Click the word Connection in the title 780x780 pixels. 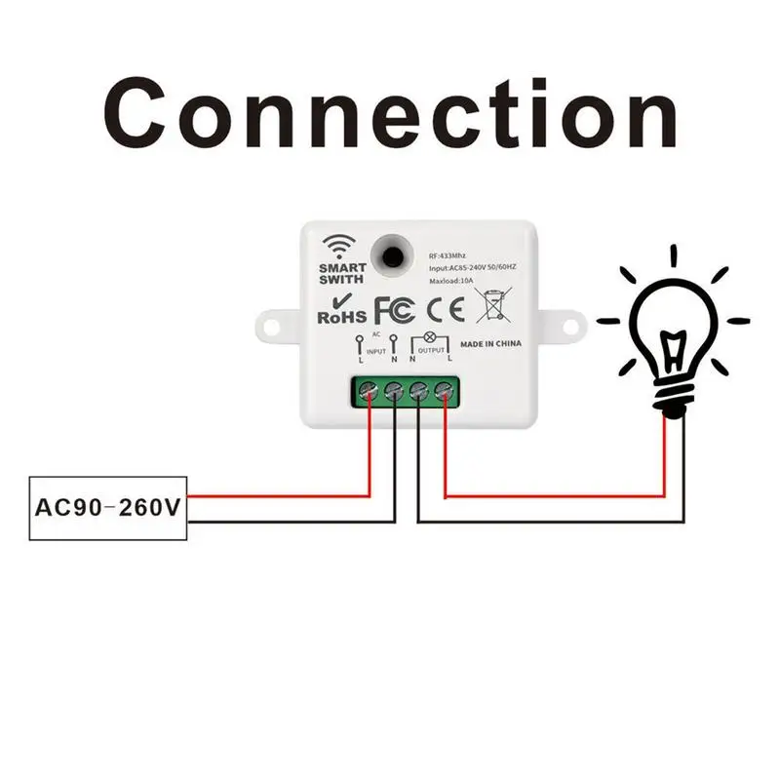point(390,115)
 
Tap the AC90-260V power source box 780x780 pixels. point(109,508)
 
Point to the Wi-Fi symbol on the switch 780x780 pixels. point(341,245)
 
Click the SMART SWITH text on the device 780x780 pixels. point(342,274)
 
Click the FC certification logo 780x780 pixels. point(396,309)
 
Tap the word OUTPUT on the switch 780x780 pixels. point(430,348)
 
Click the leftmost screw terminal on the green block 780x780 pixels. point(370,393)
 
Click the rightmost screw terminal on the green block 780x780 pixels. point(445,393)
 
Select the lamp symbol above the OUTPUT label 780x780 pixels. point(430,335)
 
